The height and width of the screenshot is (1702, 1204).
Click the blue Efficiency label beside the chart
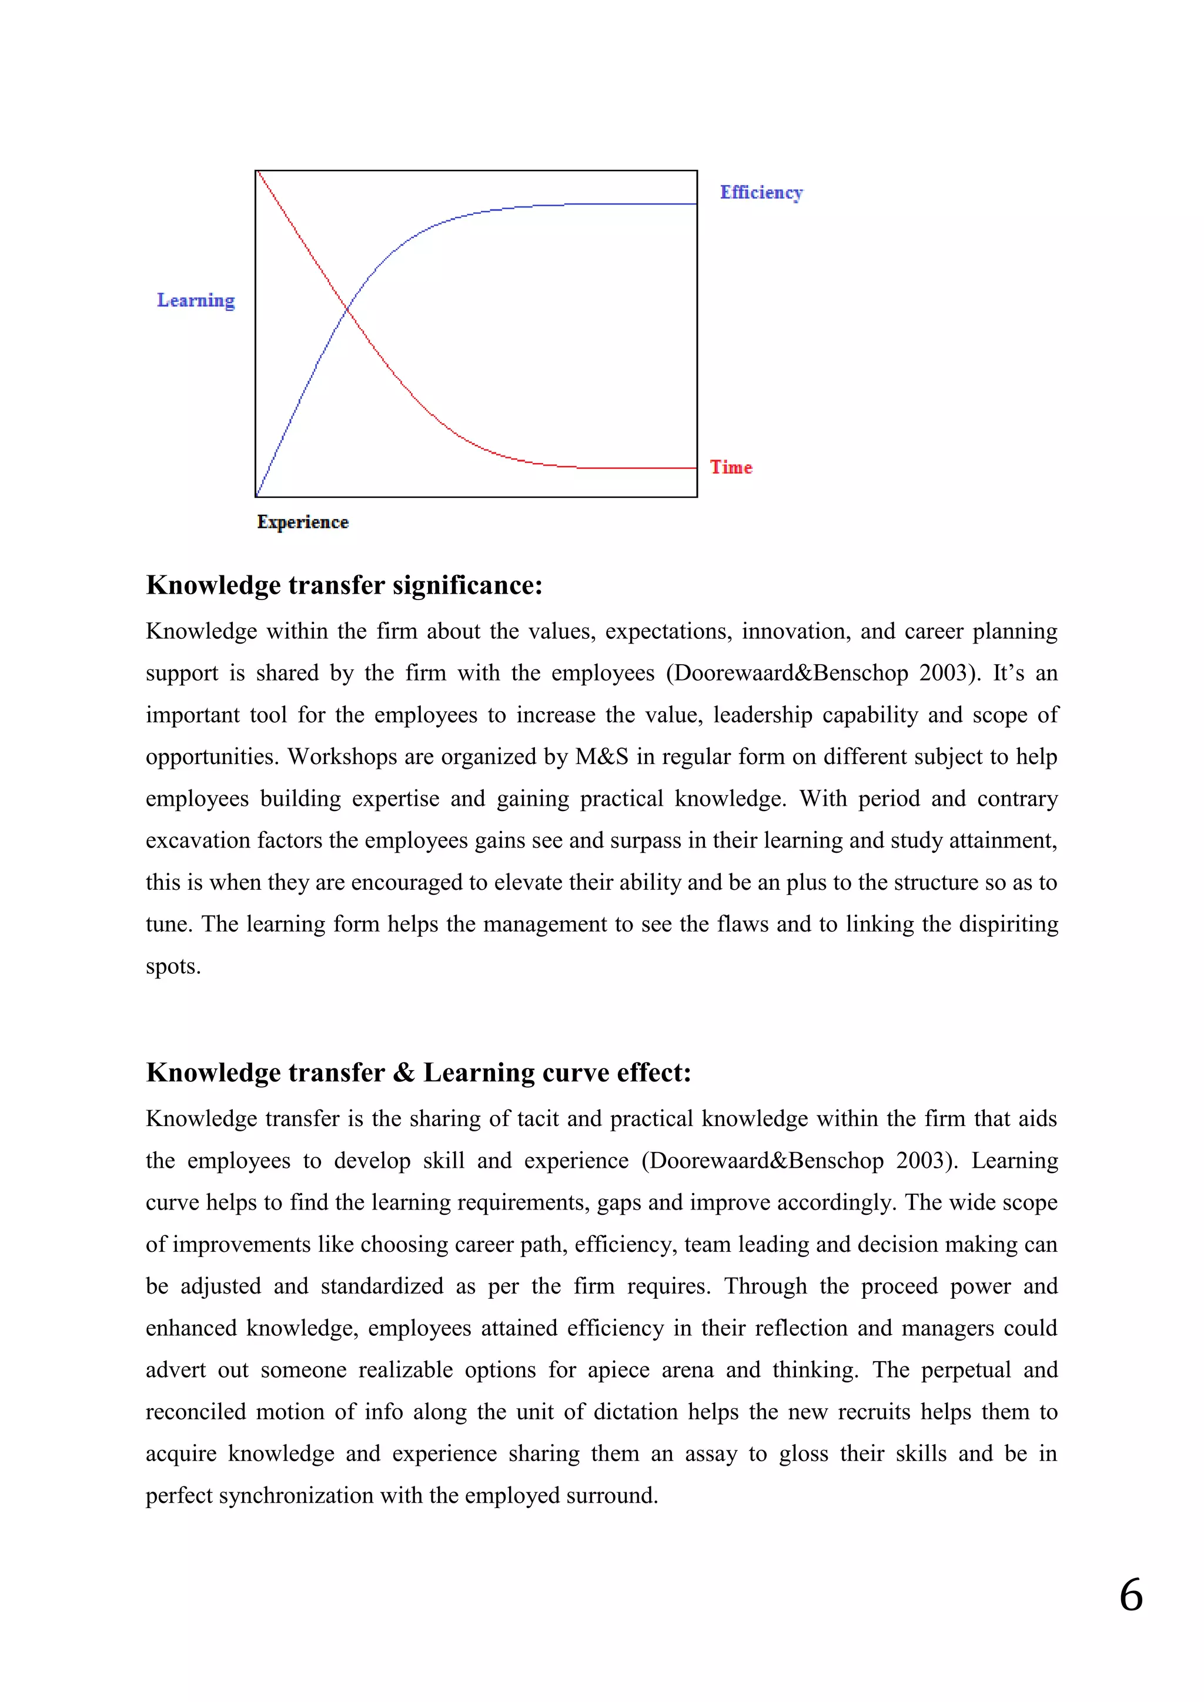(761, 193)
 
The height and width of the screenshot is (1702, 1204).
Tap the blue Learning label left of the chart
(196, 300)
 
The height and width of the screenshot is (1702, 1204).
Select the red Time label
(731, 467)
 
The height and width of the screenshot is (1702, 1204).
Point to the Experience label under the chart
(303, 522)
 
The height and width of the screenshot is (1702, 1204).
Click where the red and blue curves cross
(347, 309)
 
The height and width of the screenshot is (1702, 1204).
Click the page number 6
(1131, 1595)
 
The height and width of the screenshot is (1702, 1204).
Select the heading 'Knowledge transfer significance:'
(344, 585)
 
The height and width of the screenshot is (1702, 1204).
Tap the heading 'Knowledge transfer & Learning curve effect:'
(418, 1073)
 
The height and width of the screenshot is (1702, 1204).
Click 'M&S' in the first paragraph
(601, 757)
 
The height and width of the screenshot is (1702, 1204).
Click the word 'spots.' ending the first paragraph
(173, 967)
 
